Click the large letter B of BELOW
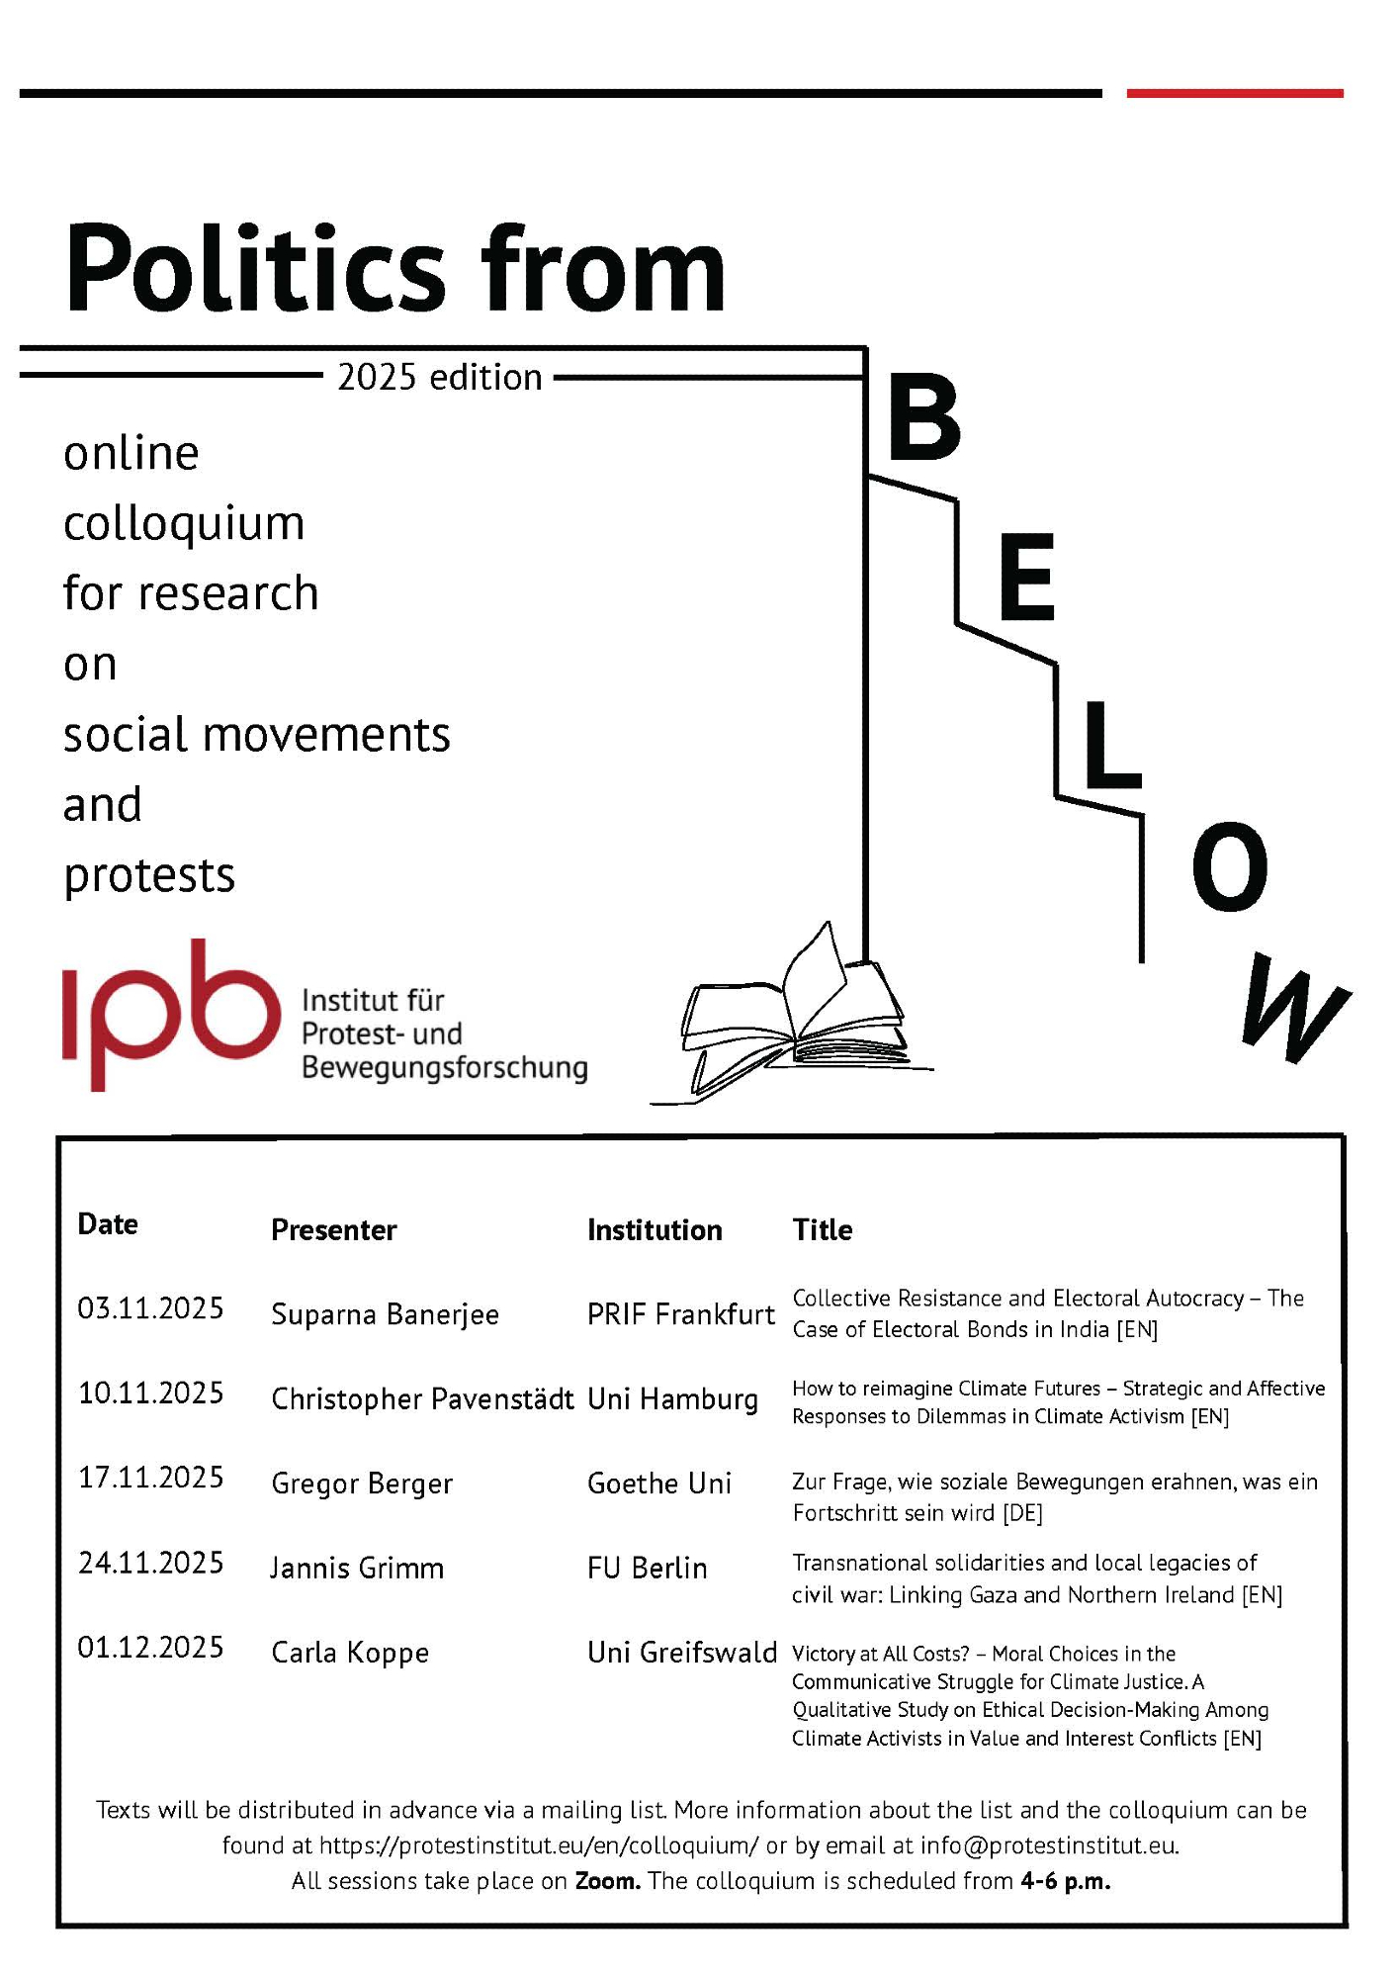(924, 418)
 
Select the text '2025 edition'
(440, 378)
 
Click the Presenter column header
(333, 1230)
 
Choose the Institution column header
(655, 1230)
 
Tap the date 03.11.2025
(150, 1308)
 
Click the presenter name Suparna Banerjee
(385, 1314)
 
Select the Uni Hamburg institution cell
(672, 1399)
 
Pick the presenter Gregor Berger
(362, 1483)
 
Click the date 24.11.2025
(150, 1563)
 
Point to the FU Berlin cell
(647, 1569)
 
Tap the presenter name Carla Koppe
(350, 1653)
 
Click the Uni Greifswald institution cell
(682, 1653)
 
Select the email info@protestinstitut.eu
(1048, 1845)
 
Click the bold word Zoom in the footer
(607, 1881)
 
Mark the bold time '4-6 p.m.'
(1066, 1881)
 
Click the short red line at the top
(1235, 94)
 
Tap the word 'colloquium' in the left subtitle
(184, 523)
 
